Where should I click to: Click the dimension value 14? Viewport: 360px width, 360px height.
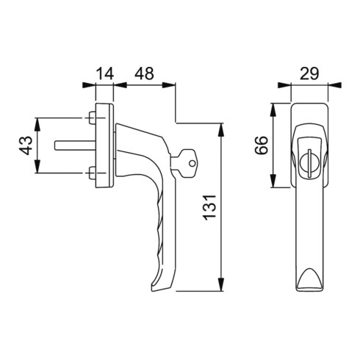(105, 73)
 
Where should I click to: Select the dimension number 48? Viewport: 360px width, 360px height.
(144, 73)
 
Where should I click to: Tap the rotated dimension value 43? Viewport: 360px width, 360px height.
(25, 145)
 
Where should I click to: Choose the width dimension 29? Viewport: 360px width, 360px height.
(309, 73)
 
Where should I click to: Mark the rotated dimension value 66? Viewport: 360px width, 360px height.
(261, 145)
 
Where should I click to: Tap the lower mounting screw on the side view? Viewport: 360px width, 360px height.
(90, 174)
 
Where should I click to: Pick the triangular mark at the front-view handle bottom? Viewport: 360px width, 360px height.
(309, 278)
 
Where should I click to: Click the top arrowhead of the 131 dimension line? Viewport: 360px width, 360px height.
(222, 129)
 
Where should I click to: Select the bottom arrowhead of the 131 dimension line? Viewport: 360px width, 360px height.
(222, 292)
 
